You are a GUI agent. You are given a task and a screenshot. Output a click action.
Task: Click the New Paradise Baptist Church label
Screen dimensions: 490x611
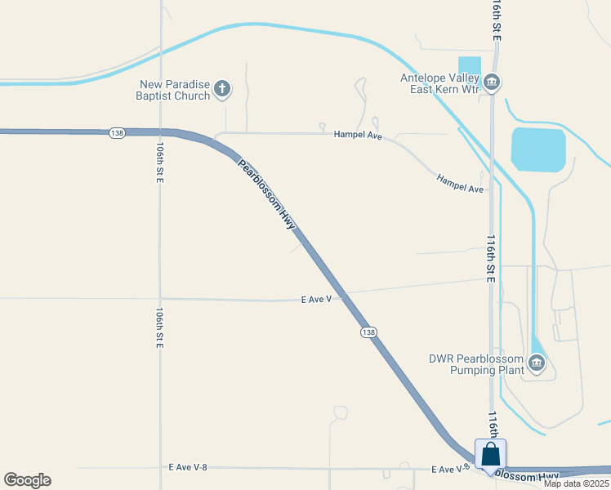175,90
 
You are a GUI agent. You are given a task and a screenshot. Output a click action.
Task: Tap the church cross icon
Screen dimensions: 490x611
222,90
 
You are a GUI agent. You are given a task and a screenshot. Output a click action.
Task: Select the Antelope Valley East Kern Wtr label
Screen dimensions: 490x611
439,83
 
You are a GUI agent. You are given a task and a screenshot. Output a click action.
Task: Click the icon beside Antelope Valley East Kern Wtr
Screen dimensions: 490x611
492,82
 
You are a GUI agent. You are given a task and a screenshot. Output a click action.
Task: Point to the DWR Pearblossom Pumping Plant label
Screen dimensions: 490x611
475,364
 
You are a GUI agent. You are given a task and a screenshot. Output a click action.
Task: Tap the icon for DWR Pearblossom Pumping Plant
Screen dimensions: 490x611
537,363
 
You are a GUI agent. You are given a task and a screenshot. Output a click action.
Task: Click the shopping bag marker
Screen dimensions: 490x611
490,455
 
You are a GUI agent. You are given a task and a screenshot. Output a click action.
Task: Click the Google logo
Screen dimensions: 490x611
27,480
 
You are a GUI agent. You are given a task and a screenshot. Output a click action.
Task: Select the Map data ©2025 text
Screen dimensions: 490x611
575,483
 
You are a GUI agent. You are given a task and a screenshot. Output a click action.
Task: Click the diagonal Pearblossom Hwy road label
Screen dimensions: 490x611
266,194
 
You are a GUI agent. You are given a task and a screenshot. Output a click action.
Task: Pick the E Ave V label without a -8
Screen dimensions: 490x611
316,300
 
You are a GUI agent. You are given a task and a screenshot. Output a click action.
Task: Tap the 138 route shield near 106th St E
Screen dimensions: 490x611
118,132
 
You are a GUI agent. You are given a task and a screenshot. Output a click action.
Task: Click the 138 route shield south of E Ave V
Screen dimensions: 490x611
368,332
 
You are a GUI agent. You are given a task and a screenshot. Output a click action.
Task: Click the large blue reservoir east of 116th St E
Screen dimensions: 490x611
537,149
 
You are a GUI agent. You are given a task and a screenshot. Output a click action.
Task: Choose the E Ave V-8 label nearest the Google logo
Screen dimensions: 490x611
188,468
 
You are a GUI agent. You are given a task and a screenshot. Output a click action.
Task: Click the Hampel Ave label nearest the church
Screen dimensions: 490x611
358,135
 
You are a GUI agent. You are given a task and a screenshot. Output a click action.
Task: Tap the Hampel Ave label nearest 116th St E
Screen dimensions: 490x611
460,183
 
